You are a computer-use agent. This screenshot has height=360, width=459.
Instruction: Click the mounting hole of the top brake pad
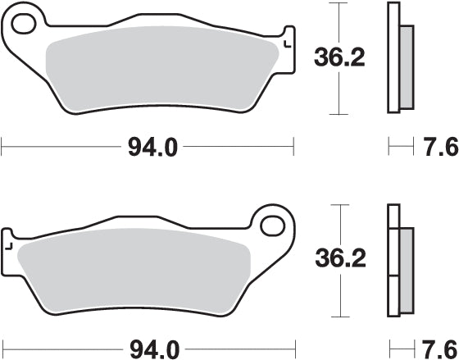26,25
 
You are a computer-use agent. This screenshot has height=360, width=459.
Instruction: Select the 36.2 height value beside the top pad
337,57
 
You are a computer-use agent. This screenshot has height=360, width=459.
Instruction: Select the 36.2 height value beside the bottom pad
337,259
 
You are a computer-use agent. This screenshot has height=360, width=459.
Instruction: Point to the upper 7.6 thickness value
439,148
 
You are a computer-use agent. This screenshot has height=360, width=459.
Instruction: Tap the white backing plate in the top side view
393,57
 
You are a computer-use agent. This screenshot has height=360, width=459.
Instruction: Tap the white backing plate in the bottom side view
393,262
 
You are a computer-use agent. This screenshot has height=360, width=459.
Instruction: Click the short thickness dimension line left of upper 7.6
400,148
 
